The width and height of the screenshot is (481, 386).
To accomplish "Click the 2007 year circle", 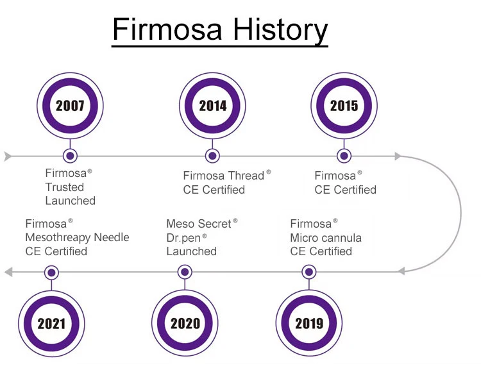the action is click(70, 106).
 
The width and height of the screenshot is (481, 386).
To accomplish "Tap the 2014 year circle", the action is click(213, 106).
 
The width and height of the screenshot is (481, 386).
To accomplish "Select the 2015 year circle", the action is click(344, 106).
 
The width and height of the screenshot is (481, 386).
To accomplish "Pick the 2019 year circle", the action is click(308, 323).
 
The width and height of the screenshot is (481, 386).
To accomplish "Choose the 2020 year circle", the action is click(185, 323).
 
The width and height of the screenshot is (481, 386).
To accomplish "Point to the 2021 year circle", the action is click(51, 323).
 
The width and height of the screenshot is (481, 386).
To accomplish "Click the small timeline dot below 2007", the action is click(70, 156).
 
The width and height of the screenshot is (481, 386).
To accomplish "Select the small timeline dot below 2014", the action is click(213, 156).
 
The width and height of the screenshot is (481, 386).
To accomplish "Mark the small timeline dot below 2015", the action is click(344, 156).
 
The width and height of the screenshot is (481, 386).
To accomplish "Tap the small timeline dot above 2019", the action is click(308, 272).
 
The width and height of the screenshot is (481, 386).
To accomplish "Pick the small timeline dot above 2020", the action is click(185, 272).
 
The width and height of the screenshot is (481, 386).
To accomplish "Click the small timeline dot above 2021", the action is click(51, 272).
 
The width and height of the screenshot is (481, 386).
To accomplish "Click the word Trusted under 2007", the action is click(64, 187).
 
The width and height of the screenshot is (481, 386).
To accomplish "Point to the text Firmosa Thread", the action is click(223, 176).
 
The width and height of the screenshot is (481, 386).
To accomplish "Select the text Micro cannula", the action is click(326, 238).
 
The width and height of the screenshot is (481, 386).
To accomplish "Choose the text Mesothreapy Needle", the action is click(77, 238).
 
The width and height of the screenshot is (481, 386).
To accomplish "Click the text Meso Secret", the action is click(198, 224).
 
